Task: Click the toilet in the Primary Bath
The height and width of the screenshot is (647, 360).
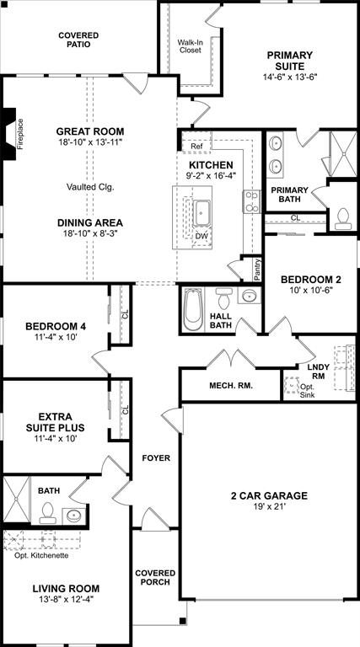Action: coord(342,218)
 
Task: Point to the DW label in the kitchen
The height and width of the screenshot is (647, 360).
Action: coord(201,236)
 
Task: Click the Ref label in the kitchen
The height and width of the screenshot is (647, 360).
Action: coord(196,146)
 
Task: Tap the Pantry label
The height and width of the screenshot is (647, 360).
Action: coord(257,270)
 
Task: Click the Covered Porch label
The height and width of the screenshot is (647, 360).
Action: coord(156,577)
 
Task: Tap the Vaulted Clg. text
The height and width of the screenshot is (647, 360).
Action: coord(90,186)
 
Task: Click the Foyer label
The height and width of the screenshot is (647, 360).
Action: coord(156,458)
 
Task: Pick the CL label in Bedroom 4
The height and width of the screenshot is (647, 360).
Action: coord(124,314)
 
